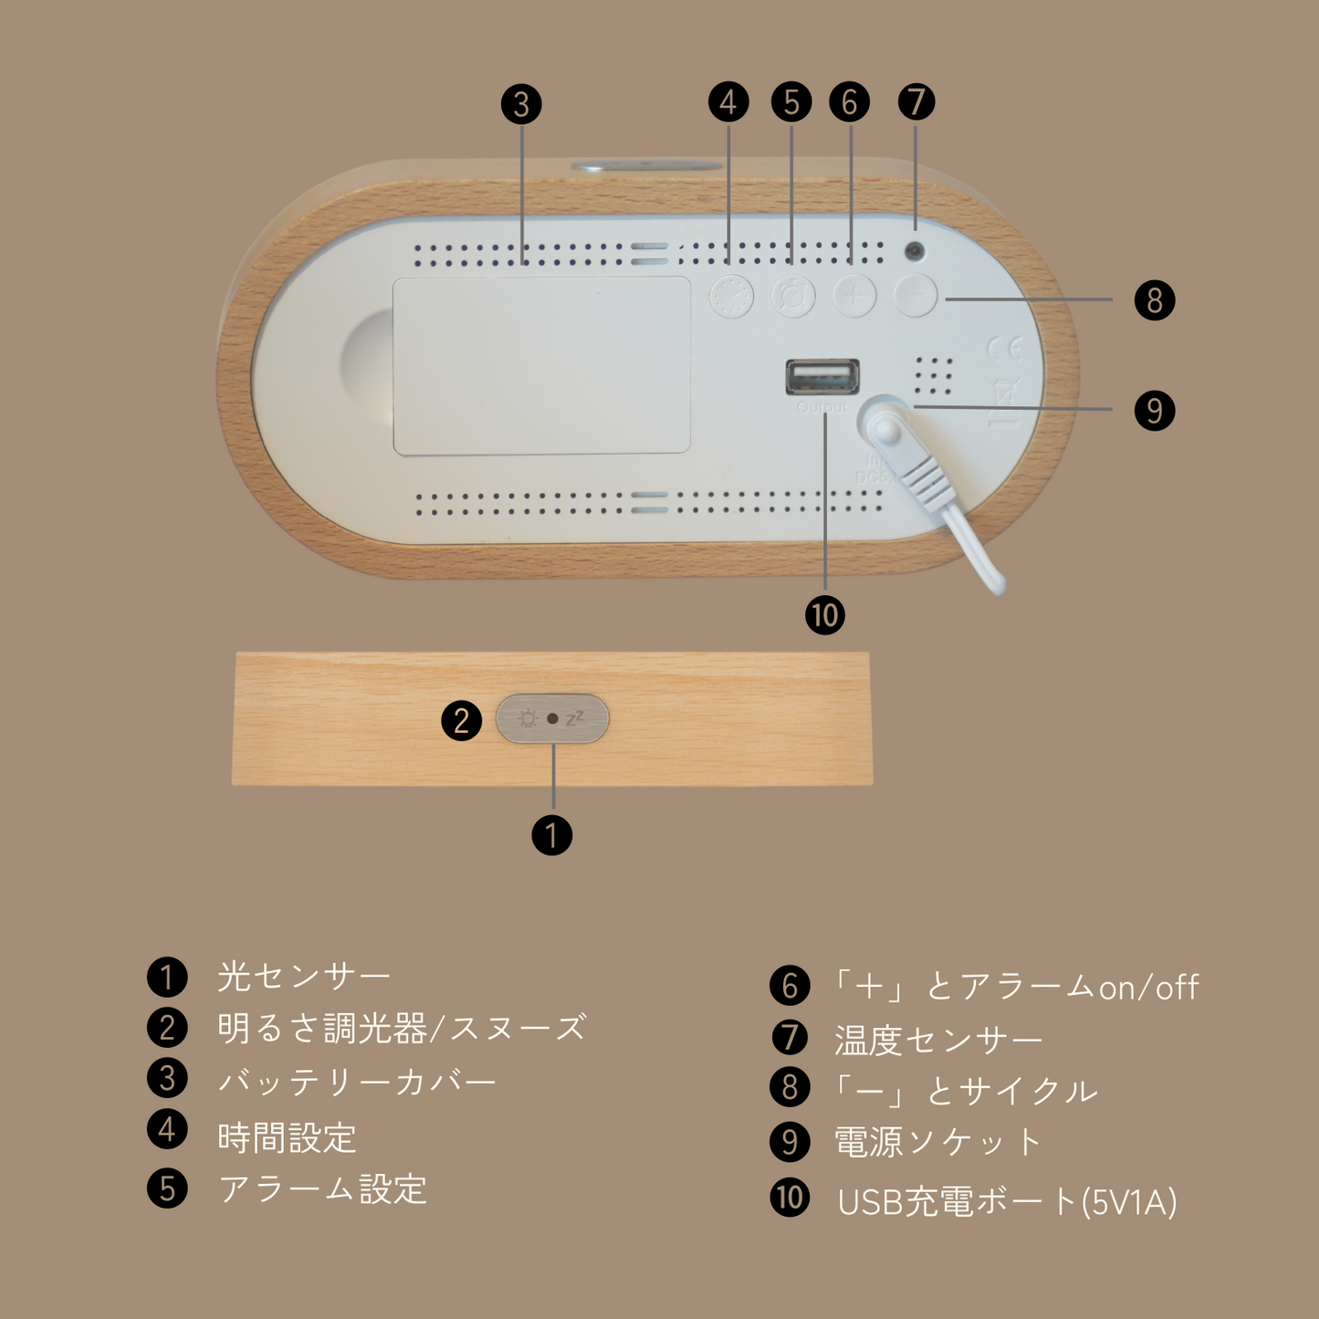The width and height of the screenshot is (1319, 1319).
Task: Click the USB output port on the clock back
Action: tap(822, 376)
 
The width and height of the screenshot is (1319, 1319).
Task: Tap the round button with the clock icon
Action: tap(731, 296)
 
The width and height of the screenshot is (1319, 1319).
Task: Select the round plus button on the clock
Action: tap(853, 296)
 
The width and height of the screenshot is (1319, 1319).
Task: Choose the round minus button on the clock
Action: tap(916, 296)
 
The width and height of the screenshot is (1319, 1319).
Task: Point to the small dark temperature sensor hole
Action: tap(914, 251)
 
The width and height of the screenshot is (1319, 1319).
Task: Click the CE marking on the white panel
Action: tap(1004, 349)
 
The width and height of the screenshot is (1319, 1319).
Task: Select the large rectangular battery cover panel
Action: tap(541, 365)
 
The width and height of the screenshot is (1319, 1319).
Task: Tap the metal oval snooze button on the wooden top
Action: tap(552, 718)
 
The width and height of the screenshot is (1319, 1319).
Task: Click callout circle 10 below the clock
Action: tap(824, 615)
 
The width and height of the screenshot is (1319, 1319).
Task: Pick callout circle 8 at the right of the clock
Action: tap(1154, 300)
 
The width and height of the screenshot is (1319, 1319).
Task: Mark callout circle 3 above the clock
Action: tap(521, 104)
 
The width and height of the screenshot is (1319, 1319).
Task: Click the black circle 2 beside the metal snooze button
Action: tap(461, 720)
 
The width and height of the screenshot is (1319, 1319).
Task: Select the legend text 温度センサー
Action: tap(937, 1040)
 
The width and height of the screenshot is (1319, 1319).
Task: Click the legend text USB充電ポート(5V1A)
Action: tap(1006, 1202)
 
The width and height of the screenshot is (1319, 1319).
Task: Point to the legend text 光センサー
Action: tap(303, 977)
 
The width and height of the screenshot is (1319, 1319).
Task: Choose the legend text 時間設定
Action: tap(287, 1137)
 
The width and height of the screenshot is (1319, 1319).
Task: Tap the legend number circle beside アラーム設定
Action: tap(167, 1188)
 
